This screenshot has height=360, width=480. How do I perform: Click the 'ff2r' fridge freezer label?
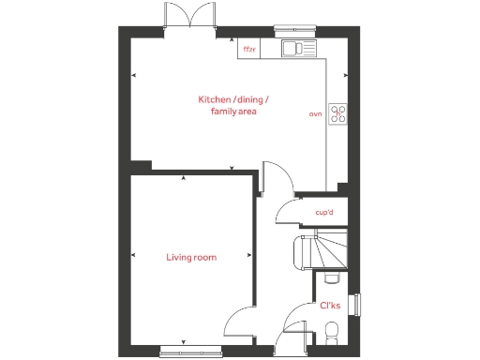[x=248, y=49]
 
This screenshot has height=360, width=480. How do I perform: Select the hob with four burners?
[x=337, y=114]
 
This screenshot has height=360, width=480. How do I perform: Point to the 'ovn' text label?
[x=315, y=114]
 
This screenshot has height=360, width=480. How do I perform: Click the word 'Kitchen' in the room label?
[x=213, y=99]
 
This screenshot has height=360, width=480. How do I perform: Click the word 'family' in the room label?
[x=220, y=112]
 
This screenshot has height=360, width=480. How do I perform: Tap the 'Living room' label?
[x=192, y=257]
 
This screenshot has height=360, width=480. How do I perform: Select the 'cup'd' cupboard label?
[x=325, y=213]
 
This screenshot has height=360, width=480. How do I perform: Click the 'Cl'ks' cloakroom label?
[x=330, y=306]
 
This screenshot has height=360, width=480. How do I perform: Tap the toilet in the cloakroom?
[x=329, y=330]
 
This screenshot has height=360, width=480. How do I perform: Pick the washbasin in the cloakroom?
[x=330, y=278]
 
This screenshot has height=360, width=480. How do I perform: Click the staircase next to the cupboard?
[x=319, y=251]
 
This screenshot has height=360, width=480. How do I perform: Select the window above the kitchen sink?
[x=299, y=29]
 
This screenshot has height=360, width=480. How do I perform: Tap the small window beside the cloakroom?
[x=354, y=306]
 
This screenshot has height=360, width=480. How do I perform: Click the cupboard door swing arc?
[x=284, y=215]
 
